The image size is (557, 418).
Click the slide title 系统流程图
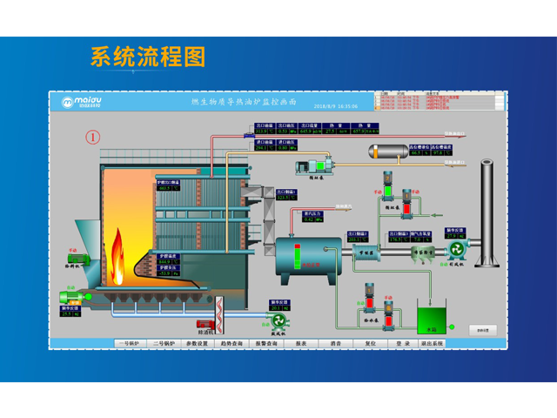[148, 57]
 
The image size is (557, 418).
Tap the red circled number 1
[93, 137]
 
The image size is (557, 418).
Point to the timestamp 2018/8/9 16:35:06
[335, 106]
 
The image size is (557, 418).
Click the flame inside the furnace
[117, 252]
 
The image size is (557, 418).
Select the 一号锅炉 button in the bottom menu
[134, 344]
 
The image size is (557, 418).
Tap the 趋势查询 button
[232, 344]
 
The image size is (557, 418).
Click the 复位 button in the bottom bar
[370, 344]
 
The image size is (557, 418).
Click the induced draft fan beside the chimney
[456, 251]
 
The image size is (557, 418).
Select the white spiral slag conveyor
[218, 313]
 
